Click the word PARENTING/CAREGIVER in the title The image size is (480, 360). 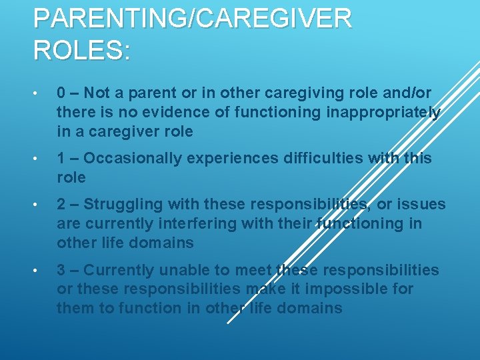192,19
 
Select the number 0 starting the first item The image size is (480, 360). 61,93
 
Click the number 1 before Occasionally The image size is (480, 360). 61,158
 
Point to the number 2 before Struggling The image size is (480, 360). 61,204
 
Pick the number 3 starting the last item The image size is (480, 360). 61,270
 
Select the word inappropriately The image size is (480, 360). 383,113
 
